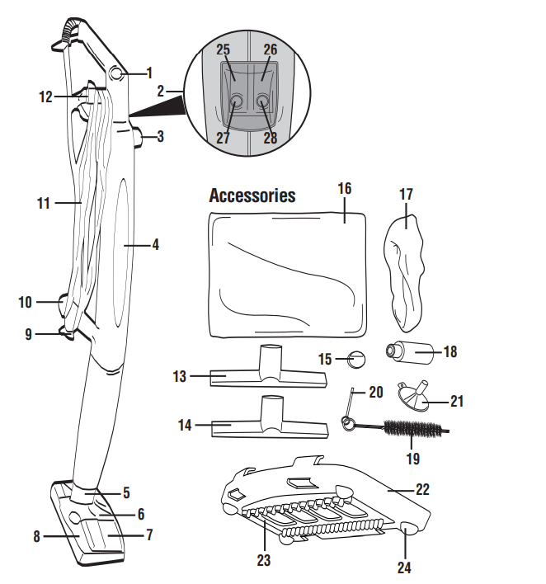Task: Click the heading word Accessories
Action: pos(252,196)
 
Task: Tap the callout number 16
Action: pos(344,189)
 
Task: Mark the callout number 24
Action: pos(405,568)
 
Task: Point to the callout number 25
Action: pos(223,50)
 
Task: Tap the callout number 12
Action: pos(45,97)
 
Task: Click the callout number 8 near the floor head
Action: pos(36,536)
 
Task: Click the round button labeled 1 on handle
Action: pos(115,74)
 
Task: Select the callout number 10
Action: pos(26,302)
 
